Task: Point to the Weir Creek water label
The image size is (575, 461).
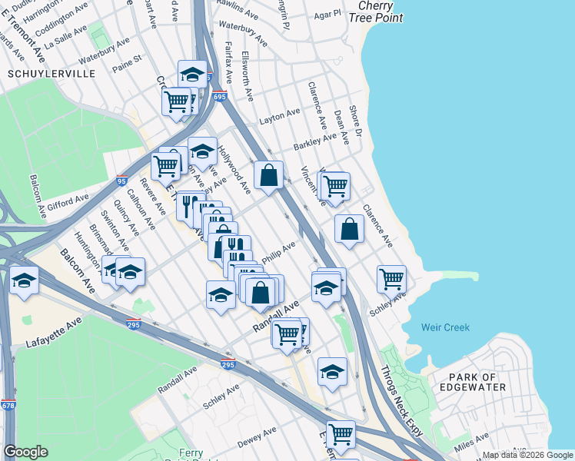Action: pos(445,327)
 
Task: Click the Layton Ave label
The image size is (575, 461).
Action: pos(279,116)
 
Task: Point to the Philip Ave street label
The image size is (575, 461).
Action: pos(278,252)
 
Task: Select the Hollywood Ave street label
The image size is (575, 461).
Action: pos(234,170)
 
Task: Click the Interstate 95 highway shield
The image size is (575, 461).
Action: pos(122,181)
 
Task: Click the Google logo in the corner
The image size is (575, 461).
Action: pos(25,452)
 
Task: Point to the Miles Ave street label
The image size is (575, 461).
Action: pos(472,443)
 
